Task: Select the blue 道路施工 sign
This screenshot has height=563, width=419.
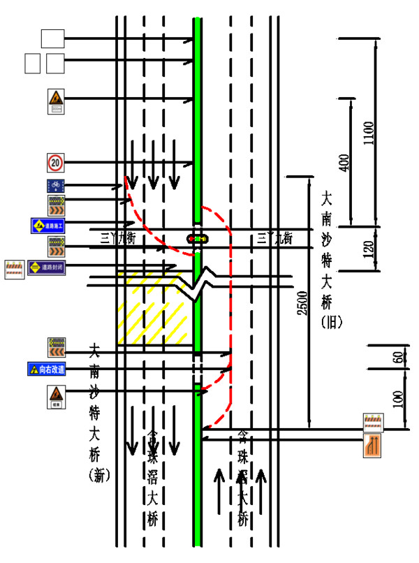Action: (47, 225)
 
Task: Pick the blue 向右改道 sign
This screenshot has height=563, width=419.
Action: (47, 369)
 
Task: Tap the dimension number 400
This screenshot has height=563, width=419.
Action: (343, 162)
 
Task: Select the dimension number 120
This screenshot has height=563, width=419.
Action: (369, 244)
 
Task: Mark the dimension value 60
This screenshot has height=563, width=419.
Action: (396, 358)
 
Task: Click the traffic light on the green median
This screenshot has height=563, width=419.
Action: (198, 239)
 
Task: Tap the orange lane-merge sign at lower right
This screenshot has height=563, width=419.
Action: (374, 446)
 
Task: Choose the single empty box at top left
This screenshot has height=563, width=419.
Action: (53, 38)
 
